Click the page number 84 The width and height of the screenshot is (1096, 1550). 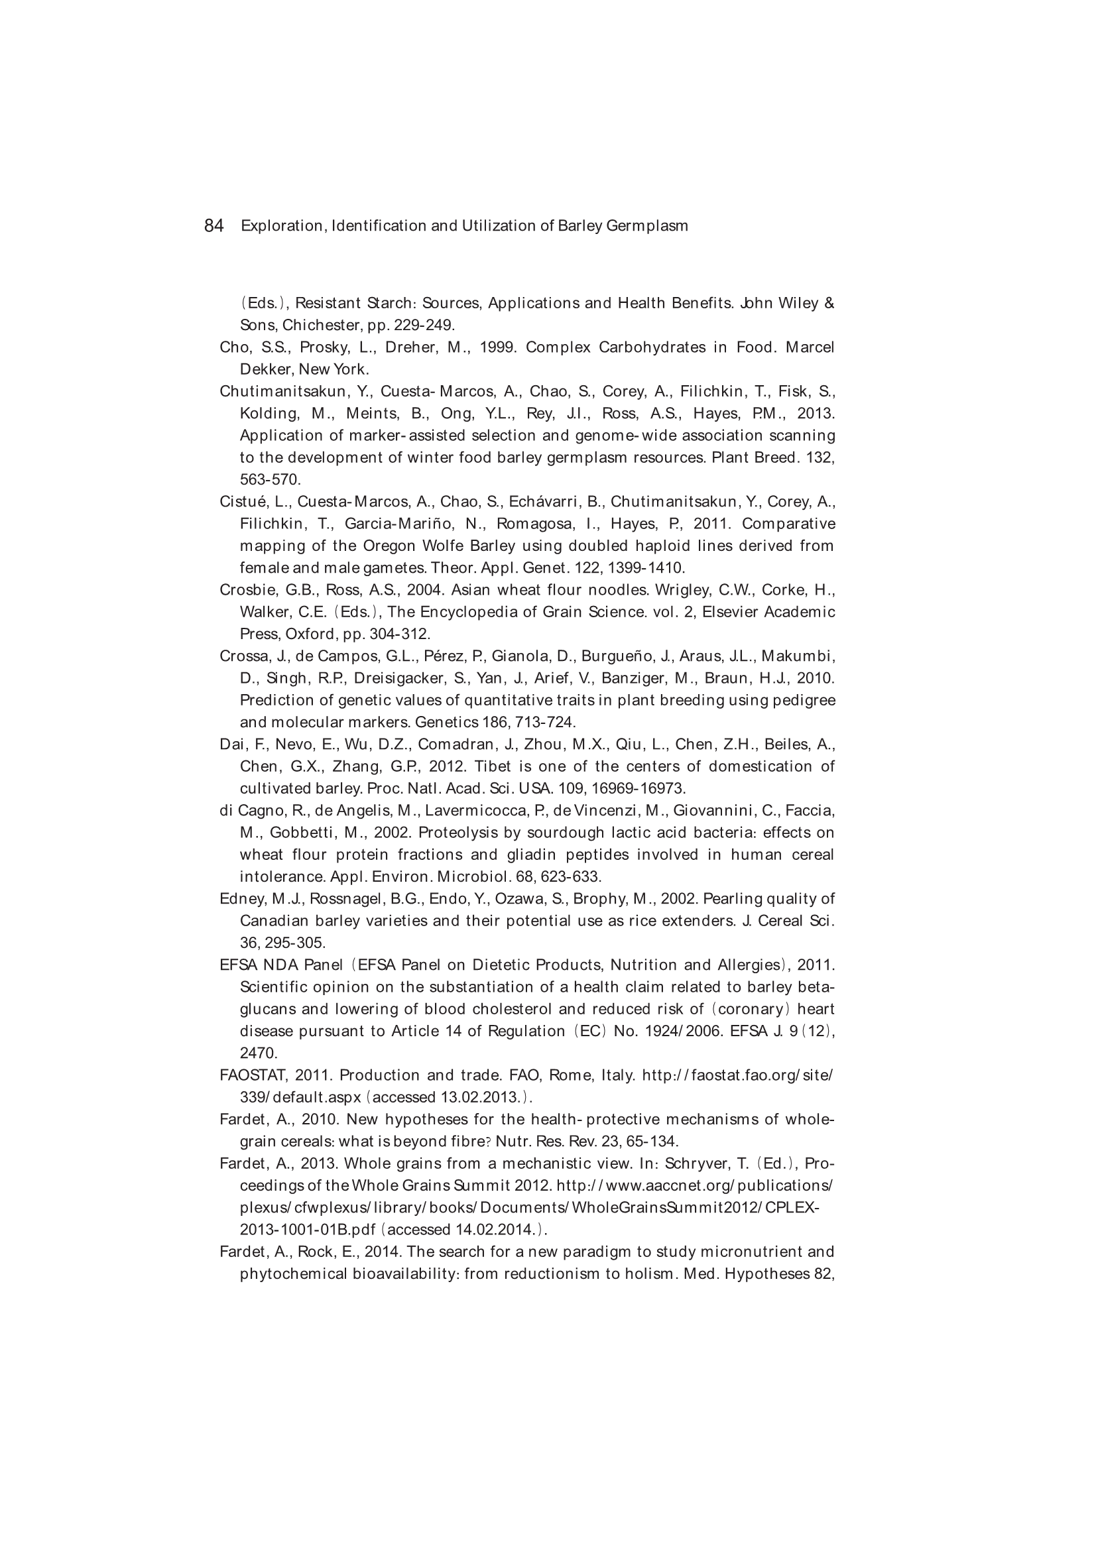click(213, 226)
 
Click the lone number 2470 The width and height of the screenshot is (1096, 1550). click(259, 1053)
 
